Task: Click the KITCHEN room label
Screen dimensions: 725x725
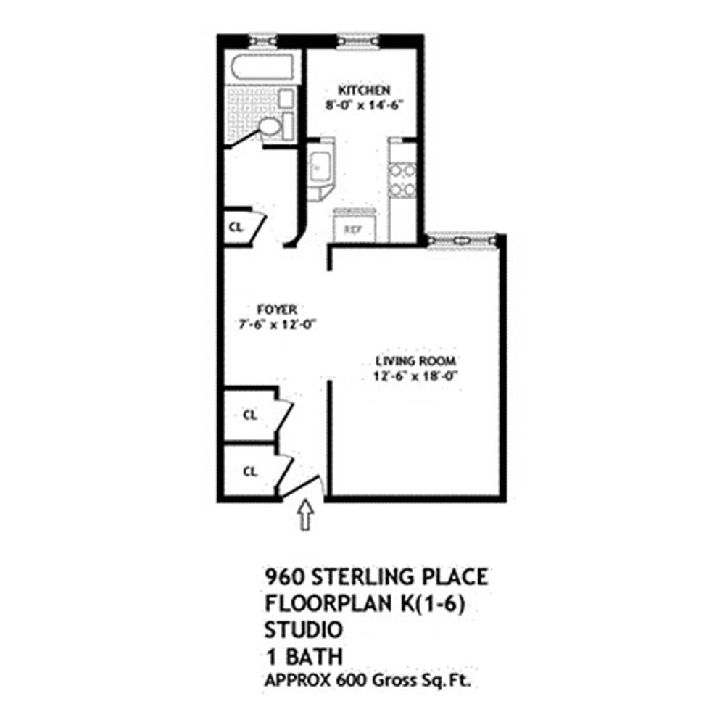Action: coord(365,90)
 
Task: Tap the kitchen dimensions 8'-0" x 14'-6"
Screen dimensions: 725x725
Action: coord(364,104)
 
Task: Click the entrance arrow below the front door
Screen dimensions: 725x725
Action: coord(305,517)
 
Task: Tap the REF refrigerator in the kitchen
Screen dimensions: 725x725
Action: coord(353,228)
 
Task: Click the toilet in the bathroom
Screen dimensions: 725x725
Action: coord(271,127)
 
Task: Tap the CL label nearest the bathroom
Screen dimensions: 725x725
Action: coord(236,225)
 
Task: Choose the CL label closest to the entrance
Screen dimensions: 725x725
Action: coord(251,471)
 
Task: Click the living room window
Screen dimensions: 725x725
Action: coord(460,239)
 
